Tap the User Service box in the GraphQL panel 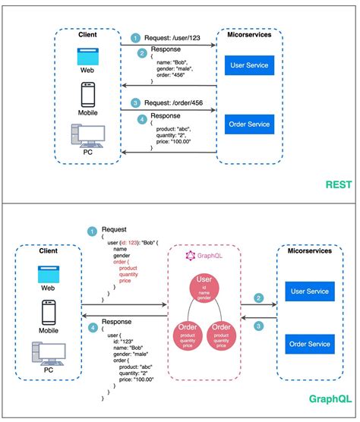[313, 290]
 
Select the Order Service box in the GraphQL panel [313, 345]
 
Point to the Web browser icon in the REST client [87, 57]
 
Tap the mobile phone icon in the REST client [87, 95]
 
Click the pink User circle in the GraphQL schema [203, 288]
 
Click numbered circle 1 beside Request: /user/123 [135, 38]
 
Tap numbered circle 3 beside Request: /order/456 [135, 101]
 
